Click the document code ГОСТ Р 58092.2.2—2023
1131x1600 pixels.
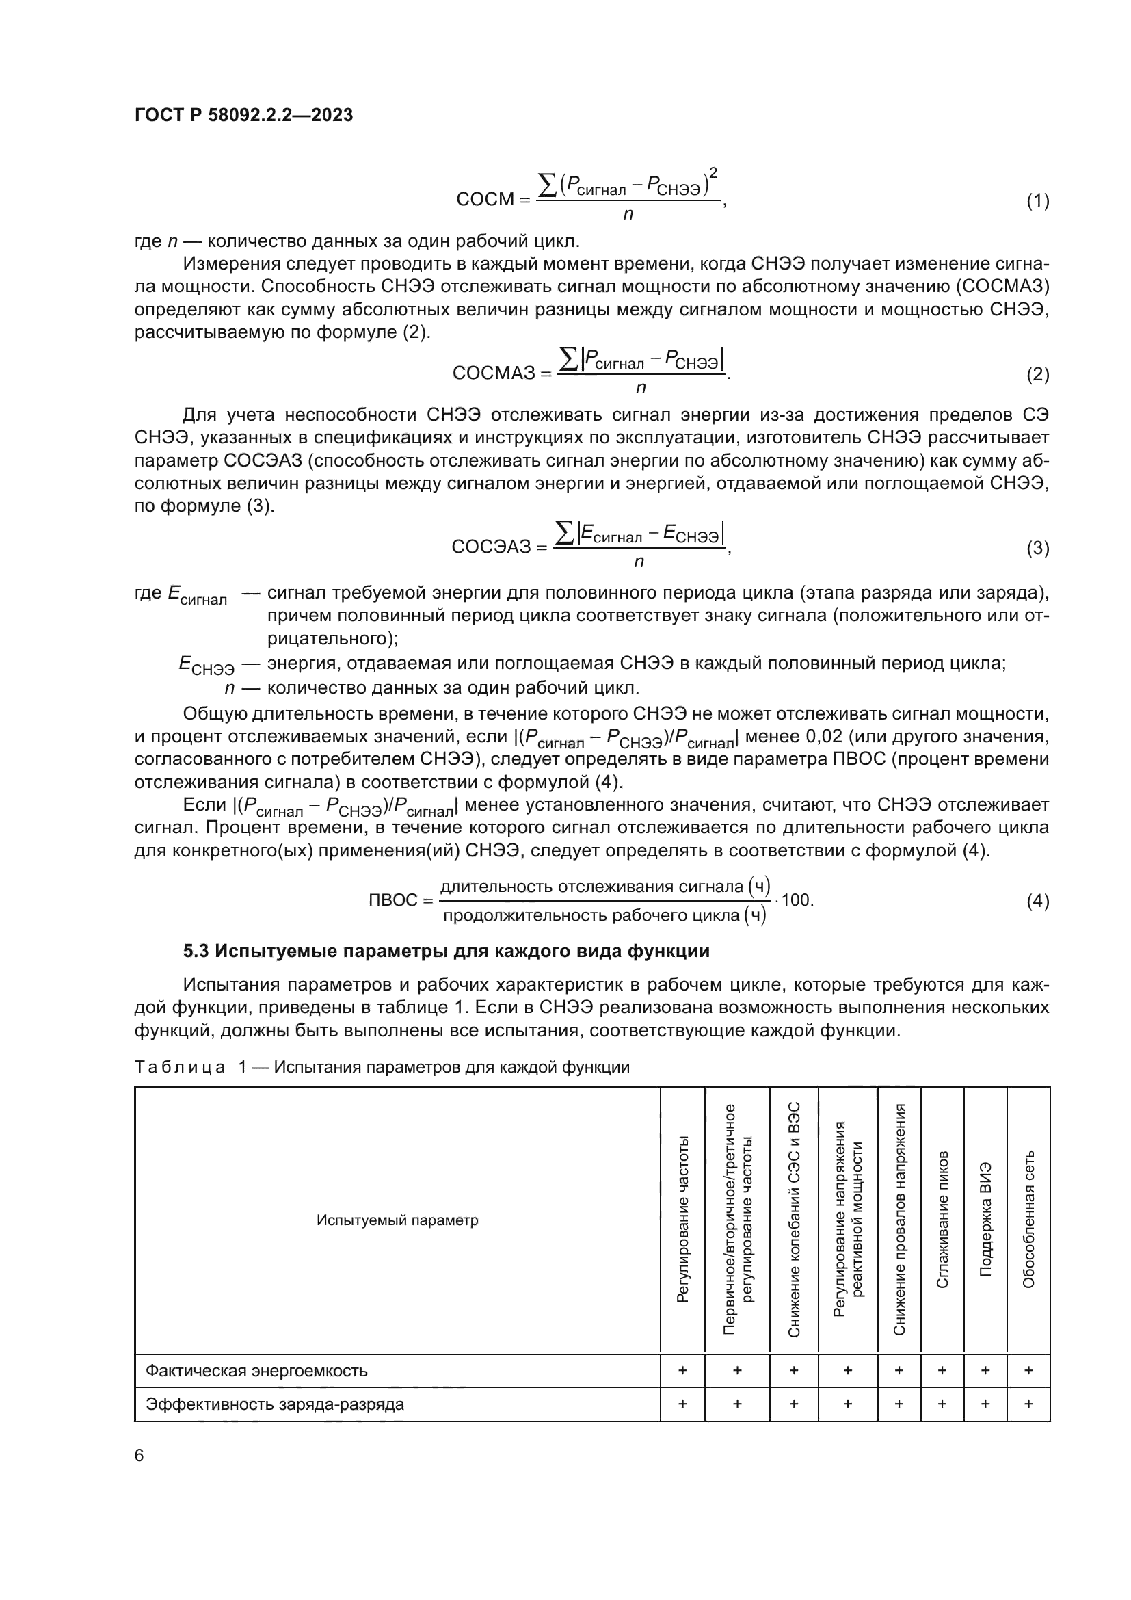click(243, 116)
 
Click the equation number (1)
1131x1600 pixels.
click(1037, 201)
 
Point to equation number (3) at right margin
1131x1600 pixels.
click(1037, 549)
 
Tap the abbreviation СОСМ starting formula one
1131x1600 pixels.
click(485, 200)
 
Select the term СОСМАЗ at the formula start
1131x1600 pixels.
click(494, 373)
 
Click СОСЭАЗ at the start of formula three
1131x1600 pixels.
click(491, 547)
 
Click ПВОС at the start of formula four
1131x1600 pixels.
click(392, 900)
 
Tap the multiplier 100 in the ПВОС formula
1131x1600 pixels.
click(796, 900)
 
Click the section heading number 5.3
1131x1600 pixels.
click(197, 952)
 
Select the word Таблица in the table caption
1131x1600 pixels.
click(180, 1068)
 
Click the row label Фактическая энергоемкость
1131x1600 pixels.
click(256, 1371)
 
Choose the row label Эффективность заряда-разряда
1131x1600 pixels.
click(274, 1404)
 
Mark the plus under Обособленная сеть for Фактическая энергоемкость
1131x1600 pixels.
click(1028, 1371)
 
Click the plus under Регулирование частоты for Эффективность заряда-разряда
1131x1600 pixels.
click(682, 1404)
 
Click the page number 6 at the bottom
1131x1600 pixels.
click(139, 1456)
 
